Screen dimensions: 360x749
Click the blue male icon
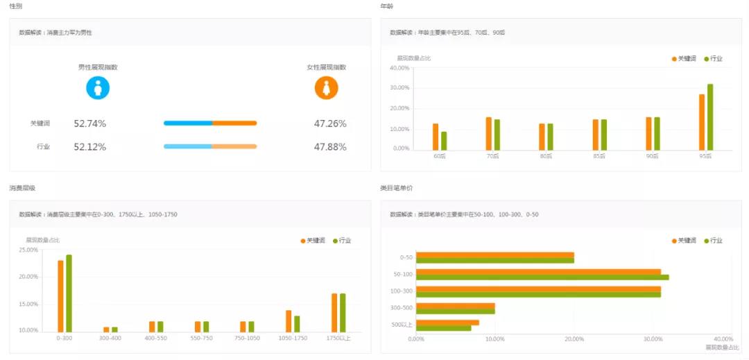click(x=98, y=88)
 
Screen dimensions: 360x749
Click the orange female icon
click(x=326, y=88)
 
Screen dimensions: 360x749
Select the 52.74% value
click(x=90, y=123)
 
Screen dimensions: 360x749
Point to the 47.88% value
click(x=330, y=147)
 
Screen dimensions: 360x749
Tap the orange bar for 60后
click(x=436, y=137)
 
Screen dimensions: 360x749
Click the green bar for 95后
click(x=709, y=117)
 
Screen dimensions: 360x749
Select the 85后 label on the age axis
click(x=599, y=156)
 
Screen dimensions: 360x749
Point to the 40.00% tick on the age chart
click(x=399, y=68)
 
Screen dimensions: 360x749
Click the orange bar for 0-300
click(x=60, y=296)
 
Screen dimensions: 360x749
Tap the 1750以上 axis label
click(x=338, y=338)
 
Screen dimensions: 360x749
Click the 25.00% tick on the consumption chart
click(x=28, y=250)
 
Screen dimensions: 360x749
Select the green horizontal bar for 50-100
click(x=542, y=277)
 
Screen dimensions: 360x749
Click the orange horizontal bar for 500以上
click(x=447, y=322)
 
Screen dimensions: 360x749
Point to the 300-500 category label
click(x=402, y=307)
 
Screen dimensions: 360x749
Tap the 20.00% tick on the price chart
click(x=574, y=339)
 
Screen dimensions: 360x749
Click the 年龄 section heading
click(x=386, y=6)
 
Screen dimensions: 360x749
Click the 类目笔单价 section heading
click(x=396, y=188)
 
